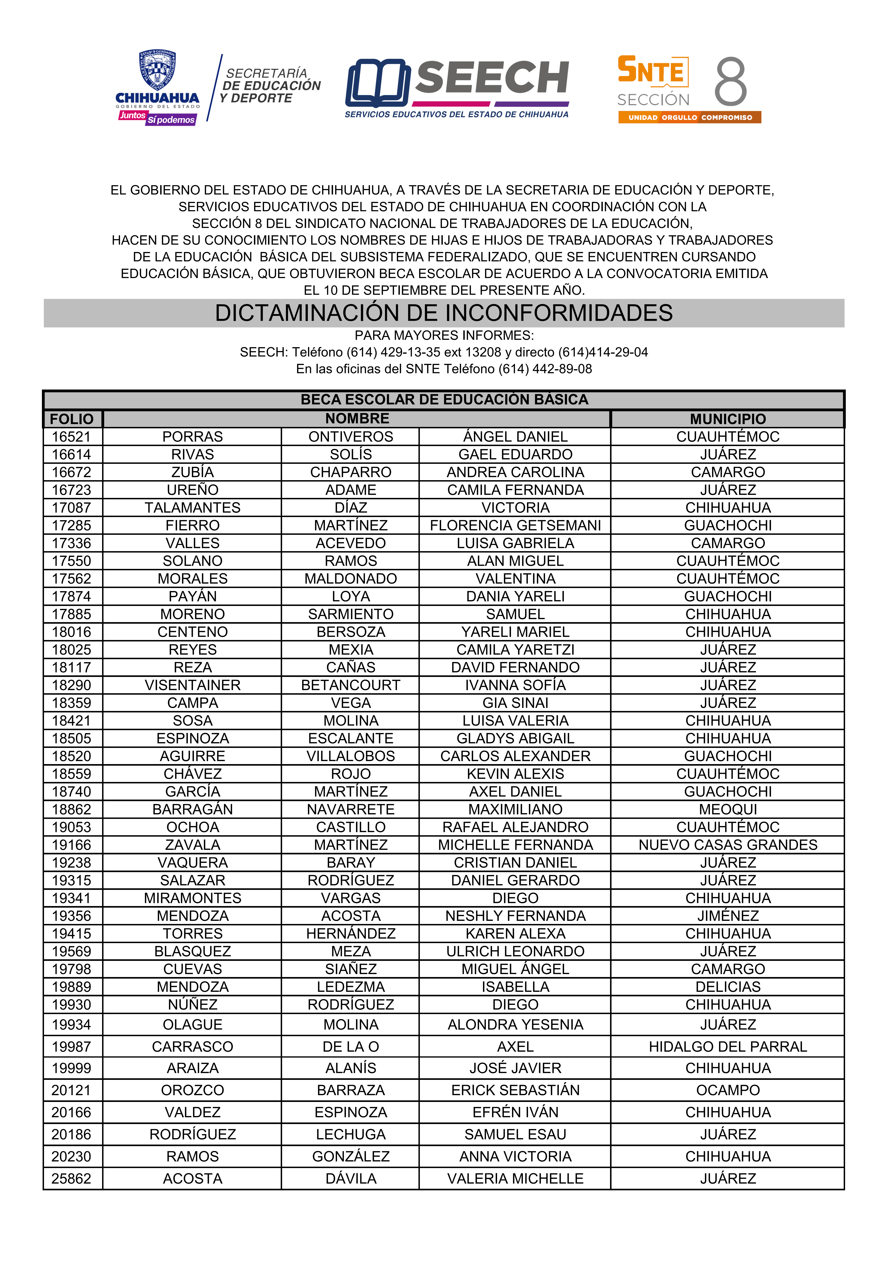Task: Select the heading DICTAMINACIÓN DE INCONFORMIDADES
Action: (x=444, y=313)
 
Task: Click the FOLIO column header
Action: (x=72, y=419)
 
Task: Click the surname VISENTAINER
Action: (x=193, y=685)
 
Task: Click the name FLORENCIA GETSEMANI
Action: (x=515, y=525)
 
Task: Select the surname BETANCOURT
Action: (x=351, y=685)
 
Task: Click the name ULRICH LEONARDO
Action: (x=515, y=952)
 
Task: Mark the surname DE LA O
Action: (x=351, y=1046)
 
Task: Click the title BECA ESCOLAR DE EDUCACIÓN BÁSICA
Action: (x=444, y=399)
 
